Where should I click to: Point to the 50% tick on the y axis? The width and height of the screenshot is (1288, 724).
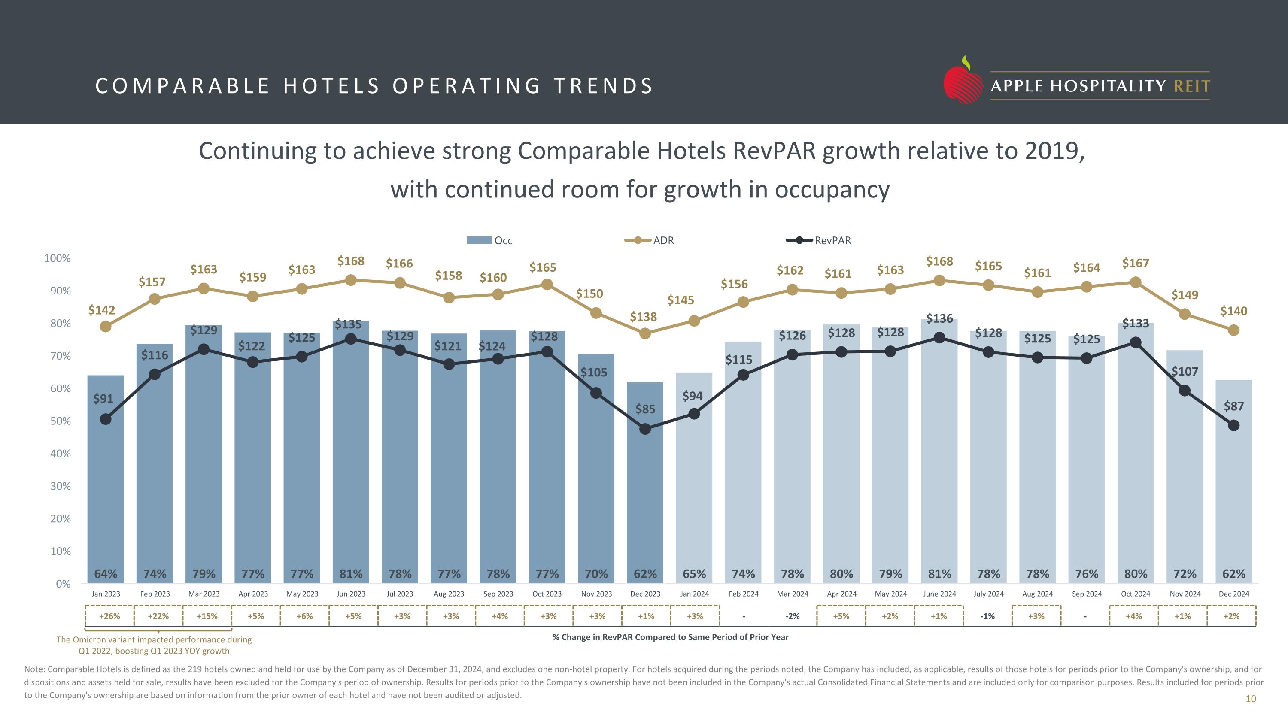(x=61, y=421)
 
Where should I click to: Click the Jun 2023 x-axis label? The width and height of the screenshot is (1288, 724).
(x=351, y=594)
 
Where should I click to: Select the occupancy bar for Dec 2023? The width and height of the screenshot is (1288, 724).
(x=645, y=500)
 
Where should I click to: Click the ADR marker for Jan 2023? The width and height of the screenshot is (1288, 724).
(x=106, y=327)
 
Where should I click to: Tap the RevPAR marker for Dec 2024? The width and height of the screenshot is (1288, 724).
(x=1233, y=426)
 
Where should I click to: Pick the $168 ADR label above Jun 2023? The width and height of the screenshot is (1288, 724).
(x=351, y=261)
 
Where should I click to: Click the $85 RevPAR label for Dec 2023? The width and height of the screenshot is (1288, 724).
(x=645, y=409)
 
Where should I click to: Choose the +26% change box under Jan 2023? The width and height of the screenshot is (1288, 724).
(x=109, y=616)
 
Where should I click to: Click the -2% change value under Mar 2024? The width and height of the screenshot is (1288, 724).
(x=793, y=616)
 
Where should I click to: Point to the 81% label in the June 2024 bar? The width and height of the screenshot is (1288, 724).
(x=939, y=574)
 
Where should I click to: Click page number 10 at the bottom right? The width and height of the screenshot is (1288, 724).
(x=1251, y=699)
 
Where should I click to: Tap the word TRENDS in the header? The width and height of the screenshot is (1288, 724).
(x=603, y=86)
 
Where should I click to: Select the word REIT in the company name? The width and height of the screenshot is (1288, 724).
(x=1191, y=86)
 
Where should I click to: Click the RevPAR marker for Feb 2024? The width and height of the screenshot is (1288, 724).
(x=744, y=375)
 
